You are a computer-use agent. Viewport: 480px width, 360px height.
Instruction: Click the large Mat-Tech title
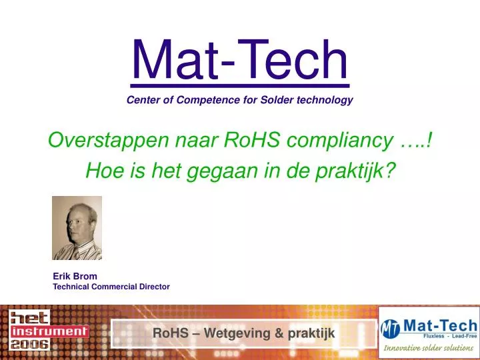pos(239,60)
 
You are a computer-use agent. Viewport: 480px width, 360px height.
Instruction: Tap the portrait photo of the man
pos(77,228)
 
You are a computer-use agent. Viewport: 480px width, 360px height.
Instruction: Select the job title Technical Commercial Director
pos(111,287)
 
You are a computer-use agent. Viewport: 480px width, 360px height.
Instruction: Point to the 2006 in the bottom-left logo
pos(29,344)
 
